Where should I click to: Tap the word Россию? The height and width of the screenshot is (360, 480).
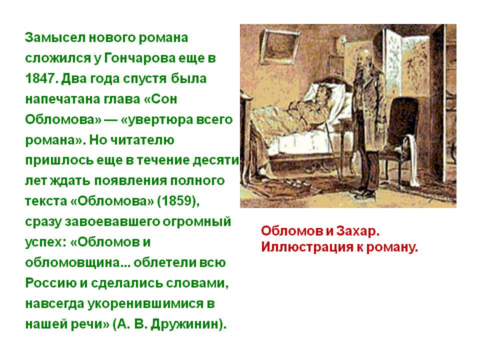[x=51, y=283]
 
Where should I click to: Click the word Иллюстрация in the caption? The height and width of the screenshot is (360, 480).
[x=306, y=247]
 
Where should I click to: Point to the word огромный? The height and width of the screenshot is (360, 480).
[x=196, y=222]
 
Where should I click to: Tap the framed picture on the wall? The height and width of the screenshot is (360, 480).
[x=281, y=46]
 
